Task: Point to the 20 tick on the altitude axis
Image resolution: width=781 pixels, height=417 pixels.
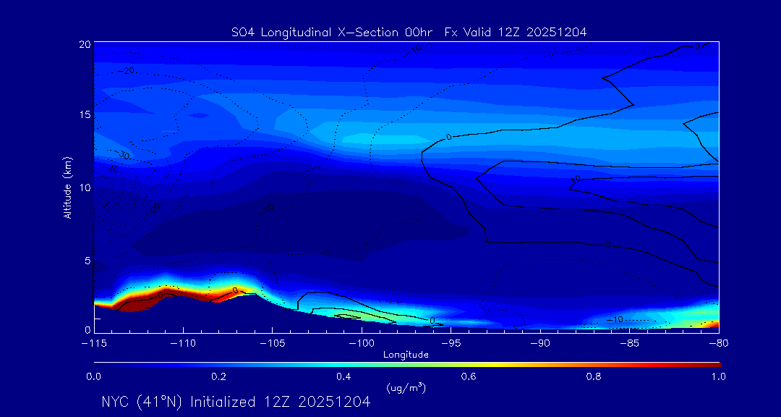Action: [x=84, y=44]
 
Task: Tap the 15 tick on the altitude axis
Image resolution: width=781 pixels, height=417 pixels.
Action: [x=84, y=116]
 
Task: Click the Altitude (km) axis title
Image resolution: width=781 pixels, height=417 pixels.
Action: [x=67, y=188]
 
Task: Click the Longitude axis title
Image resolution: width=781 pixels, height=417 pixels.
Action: [x=406, y=355]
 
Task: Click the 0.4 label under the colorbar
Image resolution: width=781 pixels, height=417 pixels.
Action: [x=343, y=376]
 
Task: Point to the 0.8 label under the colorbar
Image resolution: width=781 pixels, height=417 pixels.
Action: [x=594, y=376]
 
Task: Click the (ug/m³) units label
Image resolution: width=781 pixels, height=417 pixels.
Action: [x=406, y=388]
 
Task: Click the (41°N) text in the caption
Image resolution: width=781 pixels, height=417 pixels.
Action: [x=161, y=402]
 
